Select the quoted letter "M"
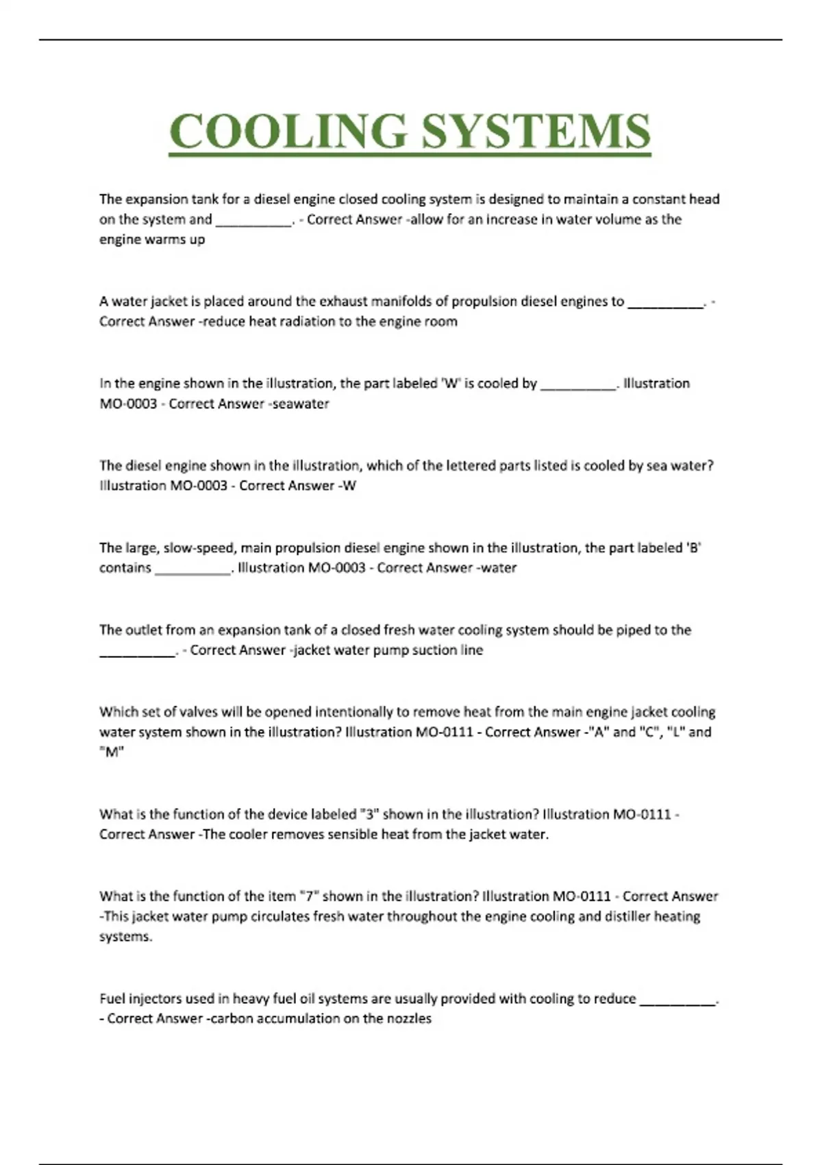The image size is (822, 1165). click(112, 752)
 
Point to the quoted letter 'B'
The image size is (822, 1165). click(694, 548)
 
